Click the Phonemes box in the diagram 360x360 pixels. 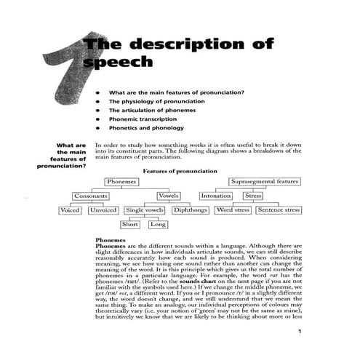click(x=122, y=181)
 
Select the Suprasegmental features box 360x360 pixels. click(x=264, y=181)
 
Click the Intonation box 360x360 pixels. click(x=215, y=196)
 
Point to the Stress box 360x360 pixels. click(x=253, y=196)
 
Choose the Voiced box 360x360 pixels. click(x=71, y=210)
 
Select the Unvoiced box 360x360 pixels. click(x=103, y=210)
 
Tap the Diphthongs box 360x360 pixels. click(x=191, y=210)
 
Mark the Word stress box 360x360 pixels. click(x=233, y=210)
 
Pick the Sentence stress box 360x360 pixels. click(x=279, y=210)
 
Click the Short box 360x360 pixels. click(x=130, y=225)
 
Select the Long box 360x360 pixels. click(x=158, y=225)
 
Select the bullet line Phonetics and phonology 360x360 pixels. click(x=146, y=128)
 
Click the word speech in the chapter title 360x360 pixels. click(x=119, y=63)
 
